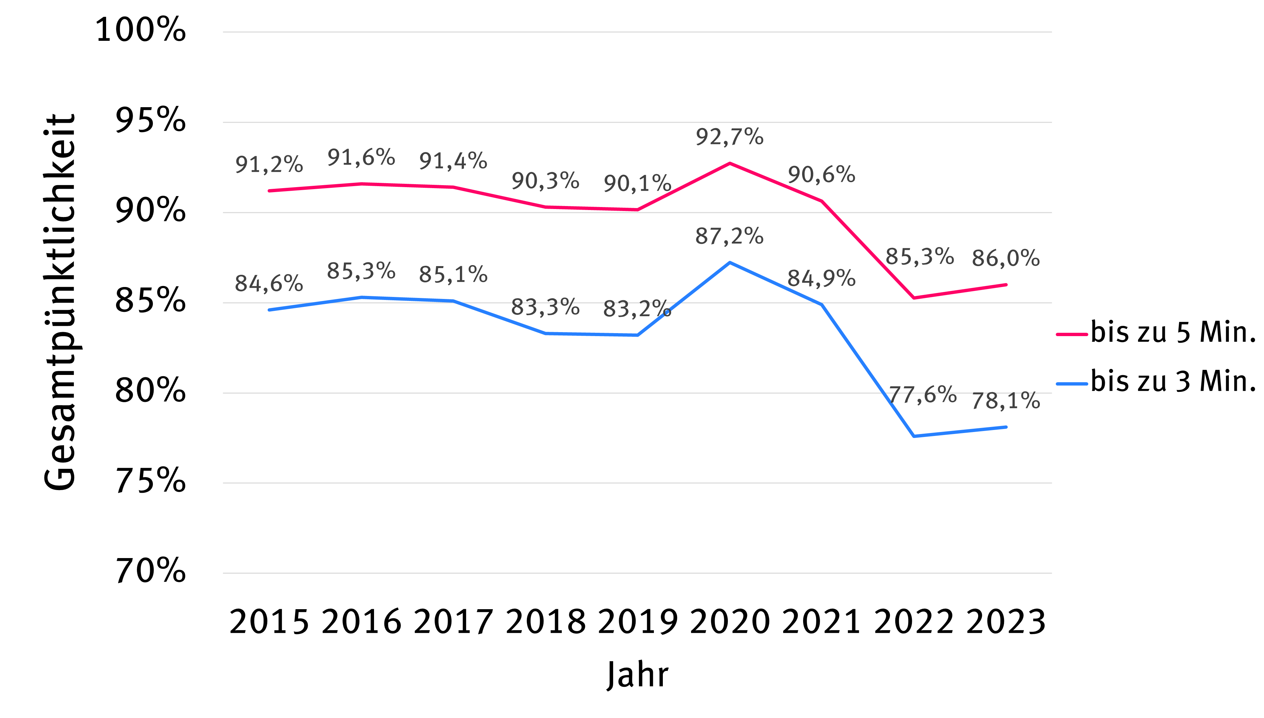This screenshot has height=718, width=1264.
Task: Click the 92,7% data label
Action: click(729, 137)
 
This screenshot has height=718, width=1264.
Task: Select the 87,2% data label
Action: click(729, 236)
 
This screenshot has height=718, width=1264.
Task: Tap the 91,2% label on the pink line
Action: click(269, 165)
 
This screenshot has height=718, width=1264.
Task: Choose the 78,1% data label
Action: click(1006, 401)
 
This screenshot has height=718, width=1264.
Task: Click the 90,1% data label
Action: click(637, 184)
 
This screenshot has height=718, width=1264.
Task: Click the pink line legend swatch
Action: click(1072, 334)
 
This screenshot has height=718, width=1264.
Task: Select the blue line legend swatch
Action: click(1072, 384)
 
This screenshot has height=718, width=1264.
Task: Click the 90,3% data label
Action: click(545, 181)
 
